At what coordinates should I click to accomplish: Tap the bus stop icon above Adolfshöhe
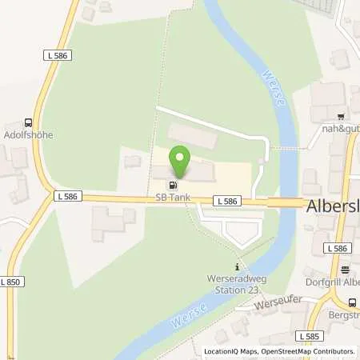pyautogui.click(x=29, y=123)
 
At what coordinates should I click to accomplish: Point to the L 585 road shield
pyautogui.click(x=306, y=336)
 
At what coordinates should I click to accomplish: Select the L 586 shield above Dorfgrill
pyautogui.click(x=336, y=249)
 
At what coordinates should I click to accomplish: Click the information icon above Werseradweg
pyautogui.click(x=236, y=266)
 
